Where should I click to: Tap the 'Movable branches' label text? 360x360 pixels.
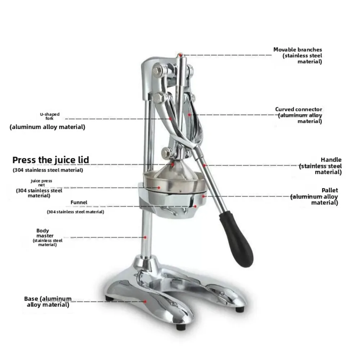(x=297, y=50)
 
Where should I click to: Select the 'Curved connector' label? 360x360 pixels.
(x=298, y=109)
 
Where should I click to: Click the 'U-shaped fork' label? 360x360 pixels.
(x=50, y=116)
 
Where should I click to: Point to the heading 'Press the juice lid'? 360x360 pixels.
(x=50, y=160)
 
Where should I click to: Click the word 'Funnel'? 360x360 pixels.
(x=79, y=203)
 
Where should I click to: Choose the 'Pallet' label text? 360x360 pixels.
(x=330, y=190)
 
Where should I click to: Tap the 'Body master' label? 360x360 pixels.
(x=42, y=233)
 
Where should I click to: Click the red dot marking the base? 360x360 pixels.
(x=145, y=302)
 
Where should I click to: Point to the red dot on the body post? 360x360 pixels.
(x=145, y=237)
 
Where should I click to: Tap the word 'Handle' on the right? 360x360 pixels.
(x=331, y=159)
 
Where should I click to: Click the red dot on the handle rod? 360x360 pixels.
(x=204, y=165)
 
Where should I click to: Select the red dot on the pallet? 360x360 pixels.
(x=204, y=196)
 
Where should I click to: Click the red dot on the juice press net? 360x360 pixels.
(x=158, y=187)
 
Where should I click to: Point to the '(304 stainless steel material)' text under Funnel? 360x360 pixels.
(x=76, y=212)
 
